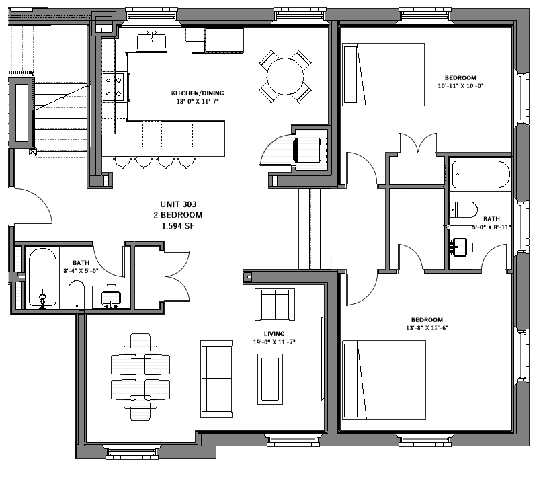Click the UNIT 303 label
click(x=177, y=204)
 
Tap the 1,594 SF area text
click(x=177, y=226)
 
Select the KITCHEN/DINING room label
click(x=197, y=93)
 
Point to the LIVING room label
click(x=274, y=334)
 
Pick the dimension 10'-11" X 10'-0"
click(x=460, y=86)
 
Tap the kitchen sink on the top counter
click(x=151, y=41)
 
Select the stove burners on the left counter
click(x=115, y=86)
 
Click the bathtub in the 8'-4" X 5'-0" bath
click(x=42, y=278)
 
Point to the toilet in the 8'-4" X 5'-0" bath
click(x=76, y=294)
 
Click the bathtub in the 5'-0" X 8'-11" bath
click(x=481, y=175)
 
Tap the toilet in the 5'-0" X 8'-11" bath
click(x=463, y=209)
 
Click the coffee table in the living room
click(x=270, y=379)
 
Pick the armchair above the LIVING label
click(x=274, y=305)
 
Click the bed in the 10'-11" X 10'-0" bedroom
click(x=384, y=74)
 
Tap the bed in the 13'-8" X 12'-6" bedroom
click(x=384, y=379)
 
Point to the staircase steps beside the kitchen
click(x=61, y=121)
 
